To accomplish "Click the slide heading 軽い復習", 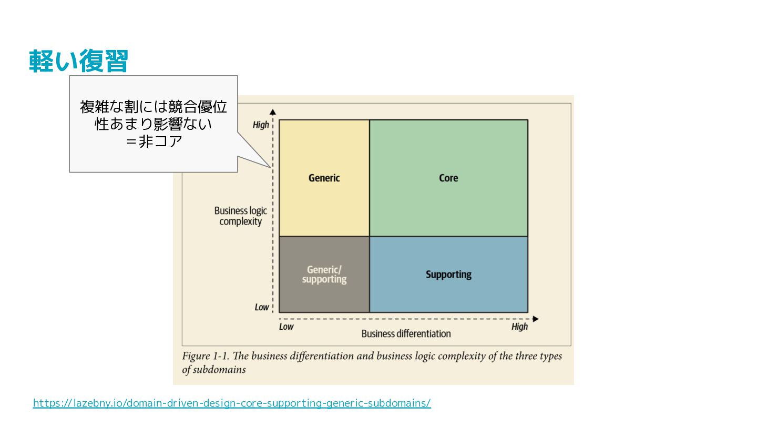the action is pyautogui.click(x=78, y=62).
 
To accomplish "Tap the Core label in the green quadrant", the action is pyautogui.click(x=448, y=178).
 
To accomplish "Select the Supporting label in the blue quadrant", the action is pyautogui.click(x=448, y=275).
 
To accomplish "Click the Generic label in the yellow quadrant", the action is pyautogui.click(x=324, y=178).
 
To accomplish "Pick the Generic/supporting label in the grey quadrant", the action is pyautogui.click(x=324, y=275).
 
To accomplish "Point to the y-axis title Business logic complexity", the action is pyautogui.click(x=241, y=216).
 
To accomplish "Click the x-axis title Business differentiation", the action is pyautogui.click(x=406, y=333).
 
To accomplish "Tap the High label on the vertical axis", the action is pyautogui.click(x=261, y=125).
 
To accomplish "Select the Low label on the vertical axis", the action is pyautogui.click(x=262, y=307).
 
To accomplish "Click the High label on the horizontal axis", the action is pyautogui.click(x=519, y=327).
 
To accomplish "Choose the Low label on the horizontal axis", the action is pyautogui.click(x=286, y=327).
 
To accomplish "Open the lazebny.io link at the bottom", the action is pyautogui.click(x=232, y=403).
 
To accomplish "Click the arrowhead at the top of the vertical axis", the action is pyautogui.click(x=273, y=111).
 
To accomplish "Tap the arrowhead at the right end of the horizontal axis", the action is pyautogui.click(x=535, y=319).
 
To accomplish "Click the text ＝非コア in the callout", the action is pyautogui.click(x=154, y=142).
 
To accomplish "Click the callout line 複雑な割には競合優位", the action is pyautogui.click(x=154, y=107).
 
